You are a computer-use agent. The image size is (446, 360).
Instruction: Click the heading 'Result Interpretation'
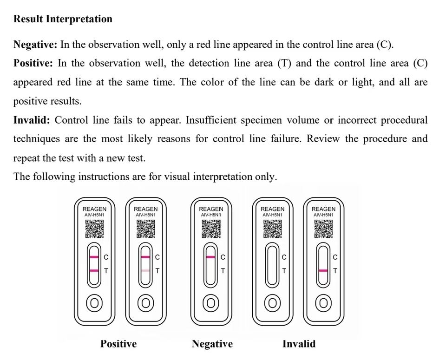coord(63,20)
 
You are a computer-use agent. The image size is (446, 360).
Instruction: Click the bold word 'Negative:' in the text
coord(36,45)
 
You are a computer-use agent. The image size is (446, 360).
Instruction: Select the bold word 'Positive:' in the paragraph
coord(33,63)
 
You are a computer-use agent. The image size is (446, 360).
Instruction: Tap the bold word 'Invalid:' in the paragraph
coord(32,120)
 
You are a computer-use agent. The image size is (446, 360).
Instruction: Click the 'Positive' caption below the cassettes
coord(118,344)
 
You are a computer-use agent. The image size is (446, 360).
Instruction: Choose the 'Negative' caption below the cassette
coord(212,344)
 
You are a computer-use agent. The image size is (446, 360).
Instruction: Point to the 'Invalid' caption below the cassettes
coord(299,344)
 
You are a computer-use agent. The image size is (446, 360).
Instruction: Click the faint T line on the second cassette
coord(145,270)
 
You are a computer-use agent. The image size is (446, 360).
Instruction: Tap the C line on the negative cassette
coord(211,257)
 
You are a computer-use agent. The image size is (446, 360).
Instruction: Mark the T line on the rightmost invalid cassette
coord(323,270)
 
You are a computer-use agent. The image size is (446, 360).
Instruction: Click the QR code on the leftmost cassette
coord(94,229)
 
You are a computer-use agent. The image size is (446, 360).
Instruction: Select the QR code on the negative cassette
coord(211,229)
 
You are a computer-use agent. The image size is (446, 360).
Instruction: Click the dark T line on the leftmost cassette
coord(94,270)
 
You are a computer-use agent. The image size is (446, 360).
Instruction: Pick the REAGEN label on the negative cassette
coord(211,209)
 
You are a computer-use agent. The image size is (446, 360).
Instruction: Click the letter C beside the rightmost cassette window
coord(335,257)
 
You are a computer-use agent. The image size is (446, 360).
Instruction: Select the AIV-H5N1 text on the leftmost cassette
coord(94,215)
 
